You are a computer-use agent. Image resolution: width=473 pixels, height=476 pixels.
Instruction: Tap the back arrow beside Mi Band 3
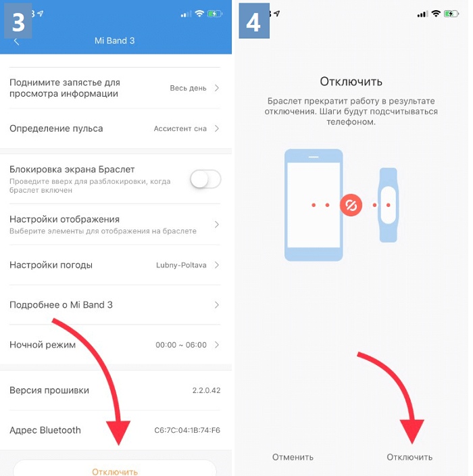click(x=17, y=42)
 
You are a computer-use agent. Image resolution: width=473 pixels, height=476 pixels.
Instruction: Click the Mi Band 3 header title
click(x=114, y=41)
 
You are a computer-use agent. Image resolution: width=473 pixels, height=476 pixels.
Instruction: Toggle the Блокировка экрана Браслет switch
click(x=205, y=179)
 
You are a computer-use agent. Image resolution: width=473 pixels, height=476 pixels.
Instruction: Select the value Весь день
click(x=188, y=89)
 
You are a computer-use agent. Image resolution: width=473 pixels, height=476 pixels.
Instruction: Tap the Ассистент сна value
click(x=180, y=128)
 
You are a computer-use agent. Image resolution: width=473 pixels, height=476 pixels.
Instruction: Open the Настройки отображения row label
click(x=64, y=219)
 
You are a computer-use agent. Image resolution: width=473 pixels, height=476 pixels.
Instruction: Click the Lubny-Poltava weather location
click(x=181, y=265)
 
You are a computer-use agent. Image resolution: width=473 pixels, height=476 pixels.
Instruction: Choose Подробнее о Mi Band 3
click(x=61, y=305)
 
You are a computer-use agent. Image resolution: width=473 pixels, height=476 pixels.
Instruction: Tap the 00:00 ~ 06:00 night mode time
click(x=181, y=345)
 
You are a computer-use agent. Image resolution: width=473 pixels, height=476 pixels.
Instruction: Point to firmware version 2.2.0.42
click(x=206, y=390)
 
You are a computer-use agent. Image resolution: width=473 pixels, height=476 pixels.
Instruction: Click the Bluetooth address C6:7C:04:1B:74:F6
click(x=187, y=430)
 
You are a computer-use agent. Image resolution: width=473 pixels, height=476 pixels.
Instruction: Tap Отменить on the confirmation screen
click(x=293, y=457)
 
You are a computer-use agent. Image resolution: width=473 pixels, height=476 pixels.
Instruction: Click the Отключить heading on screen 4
click(x=351, y=82)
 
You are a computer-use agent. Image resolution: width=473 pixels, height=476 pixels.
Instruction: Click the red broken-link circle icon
click(x=351, y=206)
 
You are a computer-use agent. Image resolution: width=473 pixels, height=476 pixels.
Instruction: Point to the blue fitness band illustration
click(x=388, y=206)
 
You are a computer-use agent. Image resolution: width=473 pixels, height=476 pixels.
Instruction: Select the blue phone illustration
click(x=314, y=206)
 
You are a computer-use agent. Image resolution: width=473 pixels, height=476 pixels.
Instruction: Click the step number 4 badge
click(x=254, y=21)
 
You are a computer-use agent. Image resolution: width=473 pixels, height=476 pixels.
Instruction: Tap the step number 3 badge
click(x=18, y=21)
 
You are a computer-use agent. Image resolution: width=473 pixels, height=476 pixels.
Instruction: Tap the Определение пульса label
click(x=56, y=128)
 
